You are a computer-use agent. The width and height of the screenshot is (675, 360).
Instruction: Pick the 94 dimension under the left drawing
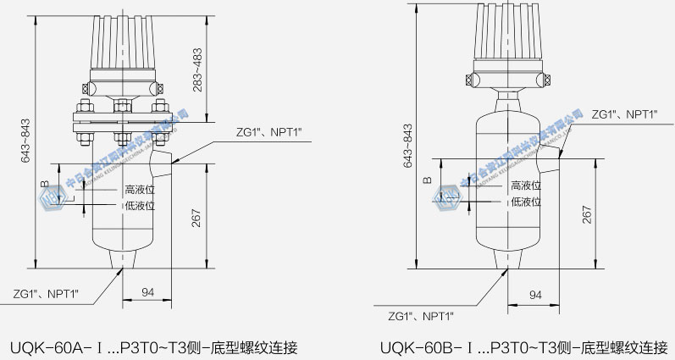click(147, 292)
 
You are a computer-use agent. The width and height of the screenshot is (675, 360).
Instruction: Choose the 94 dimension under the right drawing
click(534, 295)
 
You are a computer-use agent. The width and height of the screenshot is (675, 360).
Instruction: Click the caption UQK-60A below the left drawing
click(153, 347)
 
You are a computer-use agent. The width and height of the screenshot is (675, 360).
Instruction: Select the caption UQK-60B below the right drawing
click(525, 347)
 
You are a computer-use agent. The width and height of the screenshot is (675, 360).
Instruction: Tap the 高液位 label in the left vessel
click(140, 190)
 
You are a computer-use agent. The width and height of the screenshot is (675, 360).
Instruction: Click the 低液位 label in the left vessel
click(140, 206)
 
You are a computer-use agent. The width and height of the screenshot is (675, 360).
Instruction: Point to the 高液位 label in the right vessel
click(526, 186)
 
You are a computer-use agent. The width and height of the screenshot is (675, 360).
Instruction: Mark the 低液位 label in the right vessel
click(526, 202)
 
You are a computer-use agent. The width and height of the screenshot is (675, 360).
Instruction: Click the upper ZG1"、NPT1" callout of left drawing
click(269, 134)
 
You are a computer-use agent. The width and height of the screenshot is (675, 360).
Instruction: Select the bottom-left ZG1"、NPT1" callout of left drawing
click(46, 294)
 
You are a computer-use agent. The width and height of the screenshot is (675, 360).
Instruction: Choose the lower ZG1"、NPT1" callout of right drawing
click(421, 316)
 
